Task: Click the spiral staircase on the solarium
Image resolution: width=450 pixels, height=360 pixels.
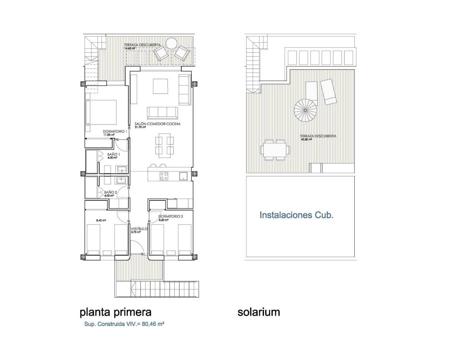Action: point(306,110)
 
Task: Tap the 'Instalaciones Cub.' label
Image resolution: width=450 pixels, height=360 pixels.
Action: point(296,215)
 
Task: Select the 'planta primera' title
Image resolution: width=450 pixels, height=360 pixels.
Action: point(116,312)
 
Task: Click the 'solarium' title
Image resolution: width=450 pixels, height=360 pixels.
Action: point(259,312)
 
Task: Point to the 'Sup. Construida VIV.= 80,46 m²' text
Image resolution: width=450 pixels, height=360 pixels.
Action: point(124,324)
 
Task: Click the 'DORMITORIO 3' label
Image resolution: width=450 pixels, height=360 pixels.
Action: point(171,217)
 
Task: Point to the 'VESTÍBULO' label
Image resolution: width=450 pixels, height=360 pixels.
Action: point(139,229)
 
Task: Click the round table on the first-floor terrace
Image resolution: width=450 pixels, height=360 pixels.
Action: point(172,44)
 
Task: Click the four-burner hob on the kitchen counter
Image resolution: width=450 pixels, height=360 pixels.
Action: point(164,176)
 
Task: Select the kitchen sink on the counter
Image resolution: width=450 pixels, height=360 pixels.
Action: point(183,176)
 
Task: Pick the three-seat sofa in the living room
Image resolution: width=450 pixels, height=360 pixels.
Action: point(162,112)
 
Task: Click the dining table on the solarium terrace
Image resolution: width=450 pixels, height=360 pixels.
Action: point(275,150)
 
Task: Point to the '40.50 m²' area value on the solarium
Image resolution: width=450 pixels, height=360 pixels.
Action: point(306,139)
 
